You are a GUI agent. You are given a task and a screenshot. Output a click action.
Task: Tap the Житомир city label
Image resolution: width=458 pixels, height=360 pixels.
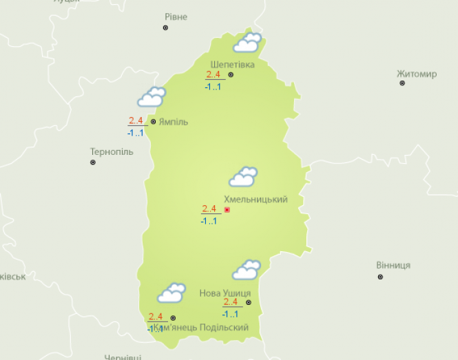coord(417,74)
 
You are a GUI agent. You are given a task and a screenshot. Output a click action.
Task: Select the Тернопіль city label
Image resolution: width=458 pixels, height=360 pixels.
coord(112,151)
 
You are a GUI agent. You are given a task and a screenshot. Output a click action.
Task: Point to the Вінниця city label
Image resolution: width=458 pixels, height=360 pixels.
coord(393,265)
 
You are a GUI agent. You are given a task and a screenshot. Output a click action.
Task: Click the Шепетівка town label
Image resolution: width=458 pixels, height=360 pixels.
coord(232,65)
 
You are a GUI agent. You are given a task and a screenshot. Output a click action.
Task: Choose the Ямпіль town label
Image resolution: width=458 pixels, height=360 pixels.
coord(173,122)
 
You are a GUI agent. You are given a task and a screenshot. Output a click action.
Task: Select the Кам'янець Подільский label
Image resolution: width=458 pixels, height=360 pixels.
coord(200,327)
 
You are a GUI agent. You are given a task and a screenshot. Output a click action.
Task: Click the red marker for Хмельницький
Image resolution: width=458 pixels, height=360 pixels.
coord(227,209)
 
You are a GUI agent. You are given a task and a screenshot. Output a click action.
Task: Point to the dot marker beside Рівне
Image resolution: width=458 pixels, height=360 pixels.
coord(165,28)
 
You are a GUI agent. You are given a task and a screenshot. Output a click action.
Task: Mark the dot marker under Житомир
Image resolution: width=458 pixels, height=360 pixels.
coord(402,83)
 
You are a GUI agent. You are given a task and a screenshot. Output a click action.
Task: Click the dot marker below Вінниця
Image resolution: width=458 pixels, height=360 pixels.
coord(380,277)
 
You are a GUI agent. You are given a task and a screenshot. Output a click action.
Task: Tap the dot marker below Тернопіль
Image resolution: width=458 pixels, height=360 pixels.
coord(93,162)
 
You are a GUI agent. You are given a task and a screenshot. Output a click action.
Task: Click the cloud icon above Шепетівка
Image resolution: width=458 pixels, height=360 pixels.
coord(247,43)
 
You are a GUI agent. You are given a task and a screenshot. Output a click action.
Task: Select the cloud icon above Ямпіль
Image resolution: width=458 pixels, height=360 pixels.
coord(152,97)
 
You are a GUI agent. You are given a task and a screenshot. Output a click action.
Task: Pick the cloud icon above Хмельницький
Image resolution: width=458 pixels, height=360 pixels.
coord(243,177)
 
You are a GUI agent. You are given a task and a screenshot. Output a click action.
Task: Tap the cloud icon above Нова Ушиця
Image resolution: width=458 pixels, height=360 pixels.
coord(246,270)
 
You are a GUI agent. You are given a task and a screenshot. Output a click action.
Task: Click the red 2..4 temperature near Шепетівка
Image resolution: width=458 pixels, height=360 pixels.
coord(212,75)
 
